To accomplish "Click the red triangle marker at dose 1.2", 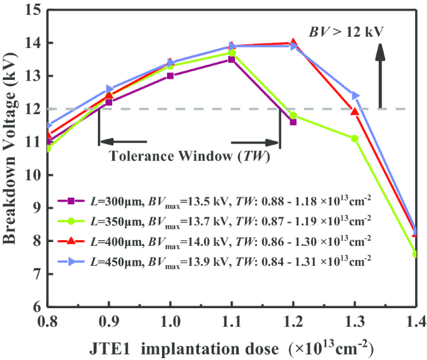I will coord(293,43).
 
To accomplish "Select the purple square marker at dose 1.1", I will coord(231,59).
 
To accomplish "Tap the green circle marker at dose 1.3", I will coord(354,139).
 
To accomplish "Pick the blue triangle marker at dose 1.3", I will coord(355,95).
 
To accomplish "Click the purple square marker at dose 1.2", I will coord(293,122).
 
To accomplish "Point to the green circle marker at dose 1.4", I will coord(415,254).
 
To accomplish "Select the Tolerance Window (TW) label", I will coord(190,157).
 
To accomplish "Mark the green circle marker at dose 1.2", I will coord(293,115).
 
